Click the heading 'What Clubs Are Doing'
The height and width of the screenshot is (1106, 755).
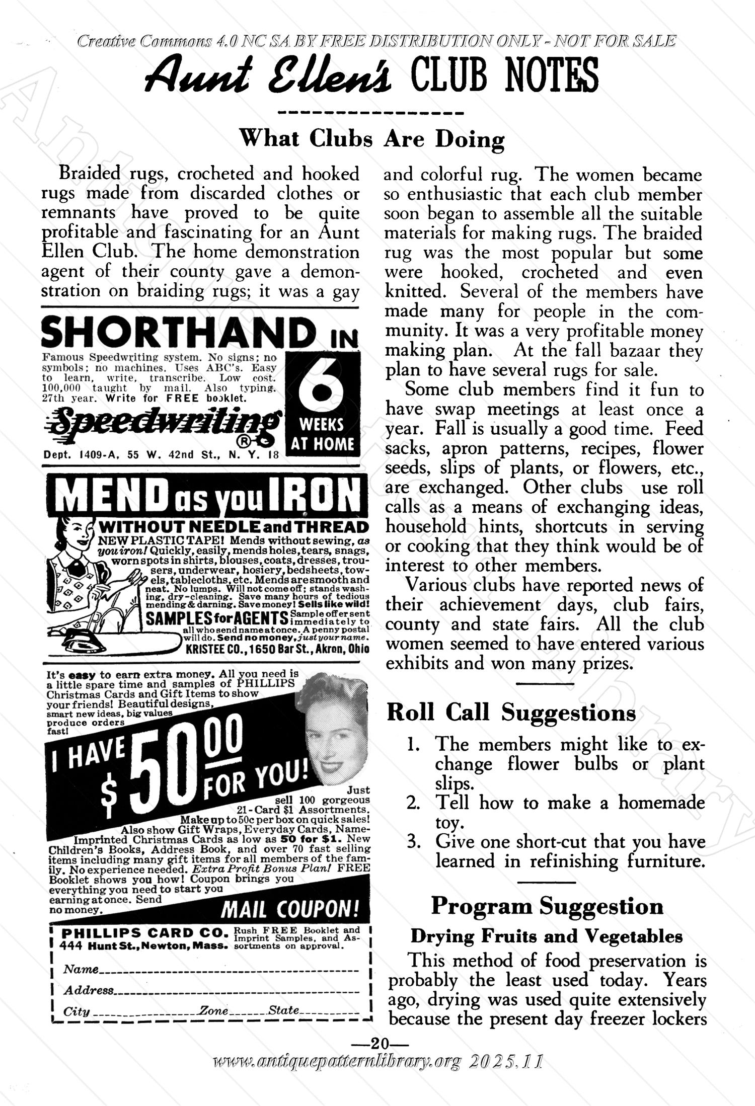click(x=371, y=138)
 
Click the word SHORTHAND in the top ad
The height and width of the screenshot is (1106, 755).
click(x=176, y=332)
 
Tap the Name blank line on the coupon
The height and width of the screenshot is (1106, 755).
click(x=229, y=971)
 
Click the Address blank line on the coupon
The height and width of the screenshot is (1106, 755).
click(x=237, y=992)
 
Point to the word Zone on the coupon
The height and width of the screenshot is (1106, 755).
click(x=214, y=1010)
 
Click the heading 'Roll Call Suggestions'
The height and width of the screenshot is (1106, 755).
click(x=511, y=713)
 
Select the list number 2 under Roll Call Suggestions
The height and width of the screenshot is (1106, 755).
click(x=414, y=803)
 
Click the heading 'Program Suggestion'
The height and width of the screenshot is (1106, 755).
click(x=547, y=906)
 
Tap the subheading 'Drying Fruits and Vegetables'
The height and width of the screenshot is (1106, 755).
click(x=547, y=936)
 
